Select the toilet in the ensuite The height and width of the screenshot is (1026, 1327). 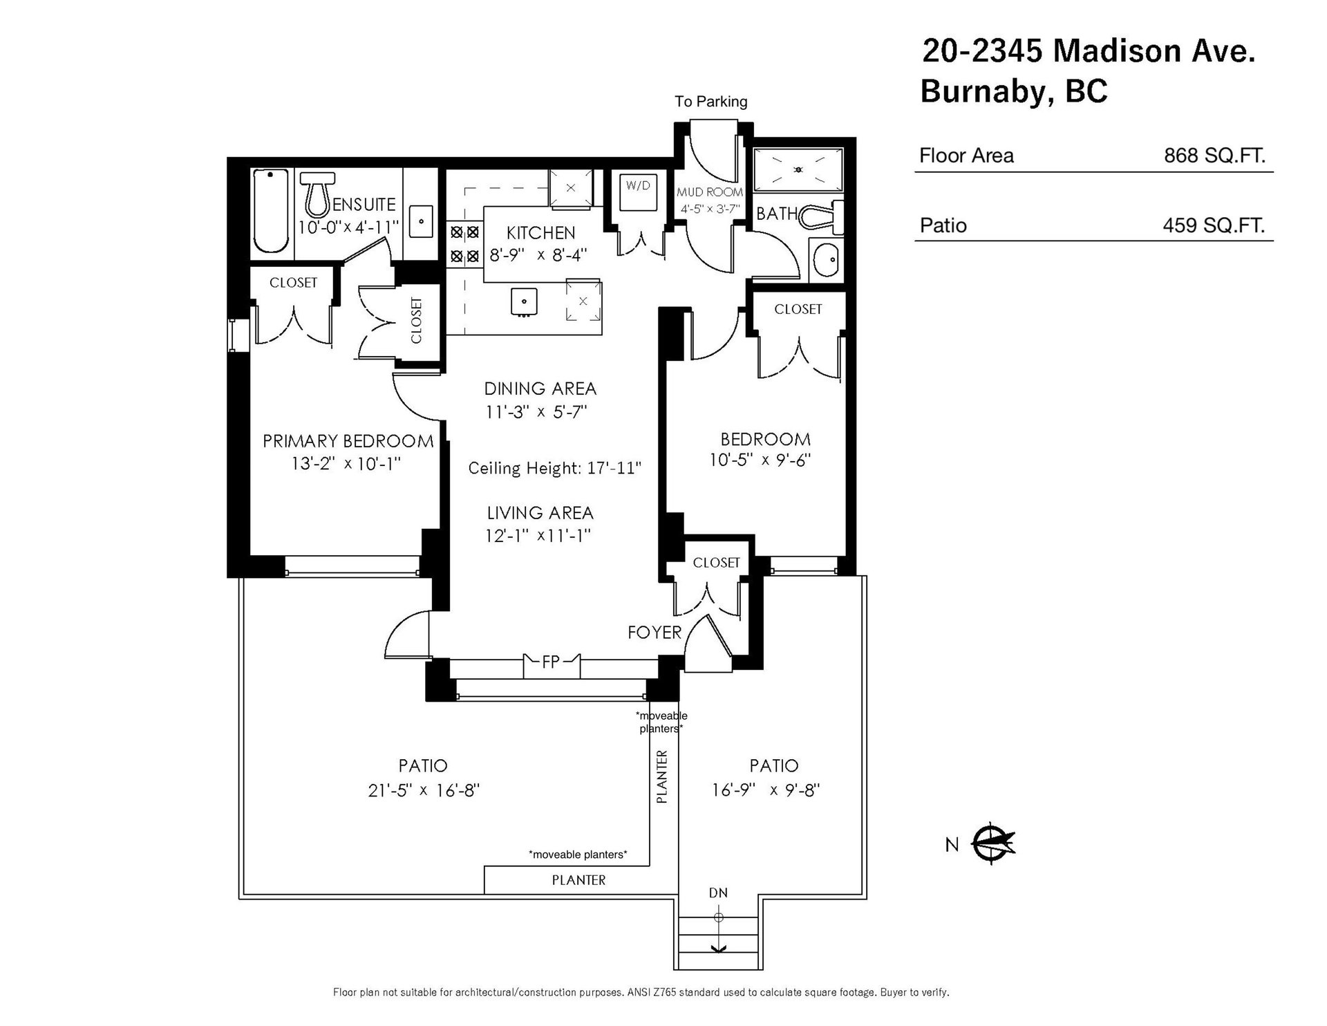(x=318, y=194)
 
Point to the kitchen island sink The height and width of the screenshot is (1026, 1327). (x=525, y=301)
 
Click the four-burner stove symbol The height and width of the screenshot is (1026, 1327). (x=464, y=244)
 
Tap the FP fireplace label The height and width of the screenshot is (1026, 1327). (x=551, y=662)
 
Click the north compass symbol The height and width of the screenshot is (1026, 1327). (x=992, y=843)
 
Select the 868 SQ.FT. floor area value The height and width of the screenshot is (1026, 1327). (x=1214, y=156)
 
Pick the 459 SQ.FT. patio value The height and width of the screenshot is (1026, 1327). (x=1214, y=225)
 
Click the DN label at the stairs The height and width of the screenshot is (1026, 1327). (x=718, y=893)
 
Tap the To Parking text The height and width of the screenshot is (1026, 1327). (x=711, y=102)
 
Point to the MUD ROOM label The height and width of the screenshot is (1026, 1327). (x=710, y=192)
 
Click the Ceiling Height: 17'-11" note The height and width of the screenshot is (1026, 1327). (x=555, y=468)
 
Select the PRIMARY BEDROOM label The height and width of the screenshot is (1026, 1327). (x=348, y=441)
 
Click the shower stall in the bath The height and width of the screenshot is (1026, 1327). (x=798, y=169)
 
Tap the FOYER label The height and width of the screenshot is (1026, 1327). (x=655, y=632)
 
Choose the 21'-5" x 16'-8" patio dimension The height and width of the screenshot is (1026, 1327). (x=424, y=790)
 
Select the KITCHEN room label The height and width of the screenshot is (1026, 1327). (x=540, y=233)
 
